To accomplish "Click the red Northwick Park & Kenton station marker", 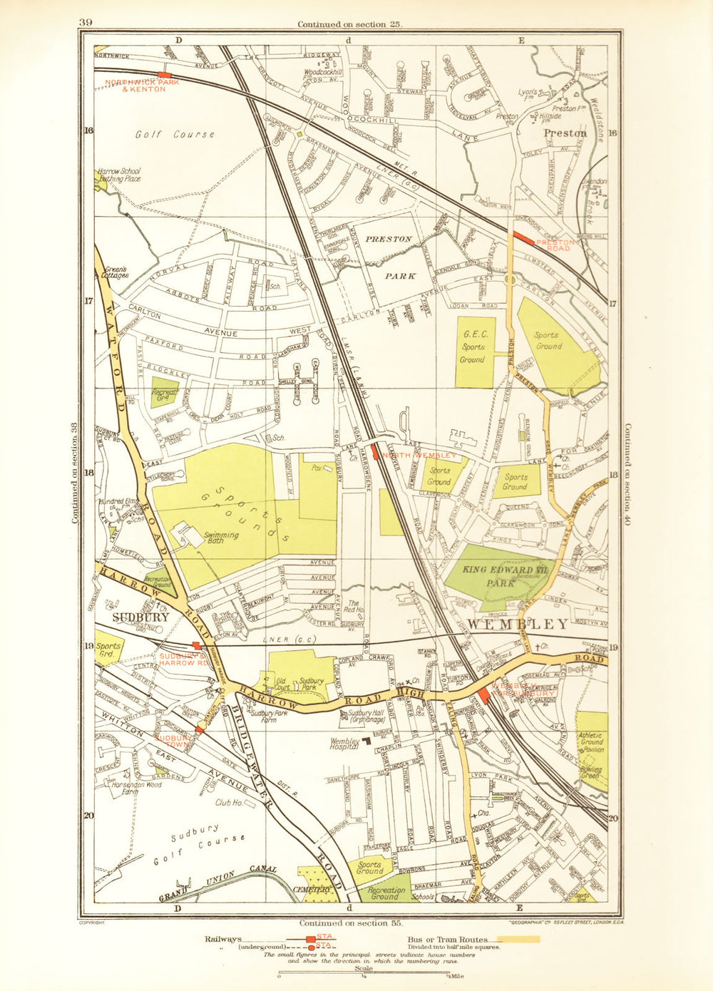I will coord(165,74).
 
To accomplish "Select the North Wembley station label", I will coord(420,455).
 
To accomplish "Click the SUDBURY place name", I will coord(141,617).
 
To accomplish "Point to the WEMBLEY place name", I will coord(519,624).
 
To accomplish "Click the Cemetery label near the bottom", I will coord(312,890).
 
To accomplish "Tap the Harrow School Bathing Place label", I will coord(119,175).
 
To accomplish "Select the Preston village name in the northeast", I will coord(565,133).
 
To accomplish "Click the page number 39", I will coord(86,22).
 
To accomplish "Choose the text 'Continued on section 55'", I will coord(351,923).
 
